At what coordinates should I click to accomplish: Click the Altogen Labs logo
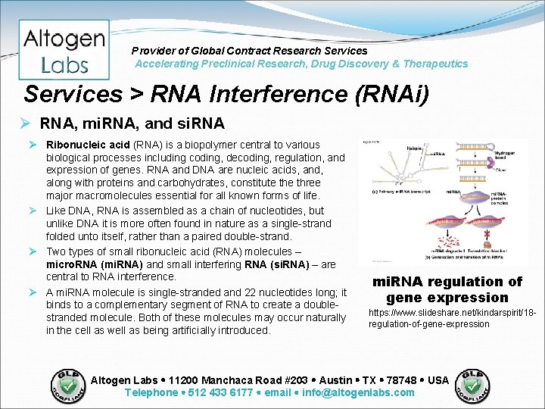[x=64, y=50]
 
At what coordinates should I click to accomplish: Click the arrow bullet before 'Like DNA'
[x=34, y=211]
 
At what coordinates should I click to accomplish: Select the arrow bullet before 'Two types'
[x=34, y=251]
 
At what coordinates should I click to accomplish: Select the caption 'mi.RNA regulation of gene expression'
[x=447, y=289]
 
